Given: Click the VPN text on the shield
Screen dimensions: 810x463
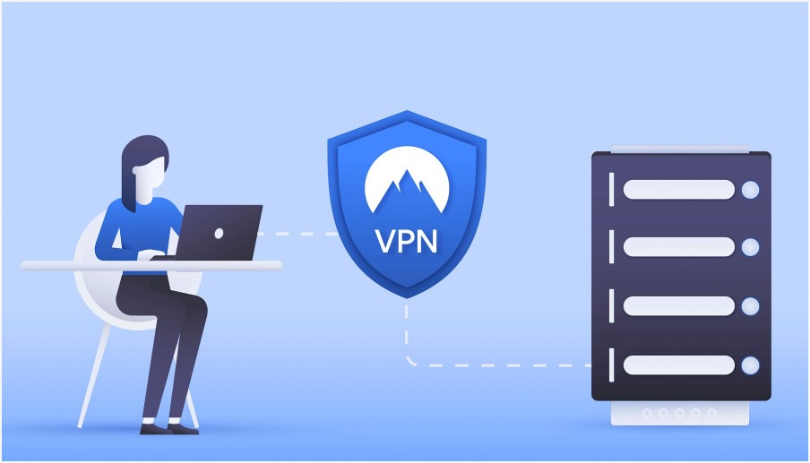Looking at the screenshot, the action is pyautogui.click(x=407, y=241).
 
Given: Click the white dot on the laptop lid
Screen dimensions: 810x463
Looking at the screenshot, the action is pyautogui.click(x=219, y=234).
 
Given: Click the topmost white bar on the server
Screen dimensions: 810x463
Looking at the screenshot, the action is pyautogui.click(x=679, y=190).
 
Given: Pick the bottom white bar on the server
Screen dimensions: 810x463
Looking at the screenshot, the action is pyautogui.click(x=679, y=364).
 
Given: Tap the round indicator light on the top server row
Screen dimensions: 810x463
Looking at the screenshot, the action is pyautogui.click(x=750, y=190).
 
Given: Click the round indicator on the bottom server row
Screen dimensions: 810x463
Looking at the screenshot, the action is pyautogui.click(x=750, y=365).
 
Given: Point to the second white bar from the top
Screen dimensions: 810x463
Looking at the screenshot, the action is pyautogui.click(x=679, y=247).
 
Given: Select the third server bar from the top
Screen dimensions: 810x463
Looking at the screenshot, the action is pyautogui.click(x=679, y=305).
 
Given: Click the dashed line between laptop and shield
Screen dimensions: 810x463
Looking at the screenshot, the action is pyautogui.click(x=297, y=234).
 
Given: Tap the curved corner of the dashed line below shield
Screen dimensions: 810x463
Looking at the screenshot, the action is pyautogui.click(x=410, y=361).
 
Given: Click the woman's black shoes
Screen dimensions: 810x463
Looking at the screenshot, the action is pyautogui.click(x=169, y=427).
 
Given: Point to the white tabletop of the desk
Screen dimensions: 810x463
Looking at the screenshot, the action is pyautogui.click(x=151, y=266).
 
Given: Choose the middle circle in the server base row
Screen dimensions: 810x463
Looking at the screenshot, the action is pyautogui.click(x=679, y=413).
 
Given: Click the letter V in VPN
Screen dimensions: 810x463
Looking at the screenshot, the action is pyautogui.click(x=385, y=241).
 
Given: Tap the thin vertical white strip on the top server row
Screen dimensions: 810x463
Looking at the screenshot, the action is pyautogui.click(x=612, y=190).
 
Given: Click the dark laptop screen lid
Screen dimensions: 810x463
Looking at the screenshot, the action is pyautogui.click(x=219, y=232).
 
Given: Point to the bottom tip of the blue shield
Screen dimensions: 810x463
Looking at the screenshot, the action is pyautogui.click(x=407, y=298).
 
